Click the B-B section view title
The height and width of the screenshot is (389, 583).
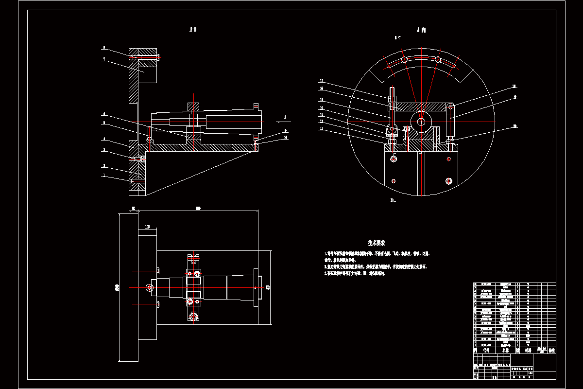pos(193,30)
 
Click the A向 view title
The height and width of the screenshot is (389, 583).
pos(421,30)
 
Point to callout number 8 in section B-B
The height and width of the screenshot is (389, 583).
pos(103,48)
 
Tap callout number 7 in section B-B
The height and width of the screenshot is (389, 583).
pos(103,59)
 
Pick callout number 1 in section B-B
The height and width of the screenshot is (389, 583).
pos(103,176)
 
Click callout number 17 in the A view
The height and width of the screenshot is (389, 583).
pos(321,81)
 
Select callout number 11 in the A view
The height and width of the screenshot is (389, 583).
pos(321,128)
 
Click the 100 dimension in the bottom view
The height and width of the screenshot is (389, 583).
pos(147,227)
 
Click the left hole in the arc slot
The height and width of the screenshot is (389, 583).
pos(404,59)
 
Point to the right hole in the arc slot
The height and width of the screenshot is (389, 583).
pos(438,59)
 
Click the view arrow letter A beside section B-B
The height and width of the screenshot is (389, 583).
pos(285,117)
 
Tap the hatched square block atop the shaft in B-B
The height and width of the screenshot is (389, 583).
pos(193,106)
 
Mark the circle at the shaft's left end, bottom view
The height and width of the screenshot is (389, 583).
pos(150,288)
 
